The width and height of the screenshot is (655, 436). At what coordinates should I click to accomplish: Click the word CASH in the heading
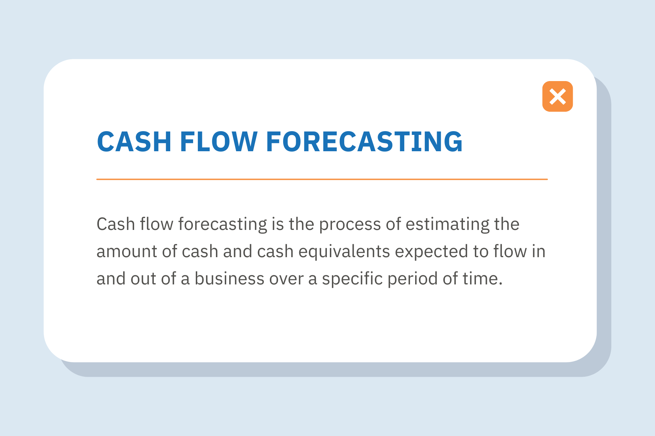(134, 142)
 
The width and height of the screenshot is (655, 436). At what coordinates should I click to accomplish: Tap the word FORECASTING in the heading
(364, 142)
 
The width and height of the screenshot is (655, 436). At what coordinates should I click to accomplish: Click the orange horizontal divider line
(322, 179)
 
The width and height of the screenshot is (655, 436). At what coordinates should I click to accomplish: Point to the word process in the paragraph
(350, 224)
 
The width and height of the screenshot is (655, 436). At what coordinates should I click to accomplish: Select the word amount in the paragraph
(127, 252)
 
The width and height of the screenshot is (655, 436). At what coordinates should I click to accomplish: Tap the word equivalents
(344, 252)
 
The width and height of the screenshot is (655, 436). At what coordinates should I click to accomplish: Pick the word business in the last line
(229, 279)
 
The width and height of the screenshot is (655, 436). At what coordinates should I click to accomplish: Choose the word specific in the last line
(352, 279)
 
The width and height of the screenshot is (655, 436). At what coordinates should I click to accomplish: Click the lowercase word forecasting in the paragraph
(222, 224)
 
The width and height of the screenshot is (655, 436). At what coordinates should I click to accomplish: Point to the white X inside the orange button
(557, 96)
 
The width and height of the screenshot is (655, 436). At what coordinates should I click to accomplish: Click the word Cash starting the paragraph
(116, 224)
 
